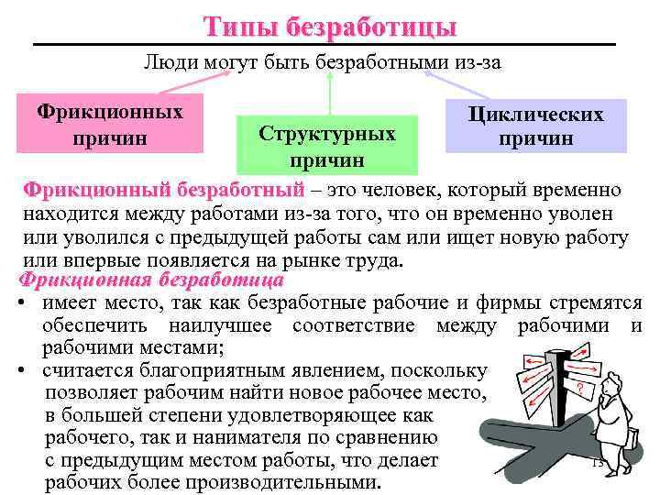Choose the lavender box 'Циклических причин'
tap(535, 126)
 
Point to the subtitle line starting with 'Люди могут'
tap(323, 62)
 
